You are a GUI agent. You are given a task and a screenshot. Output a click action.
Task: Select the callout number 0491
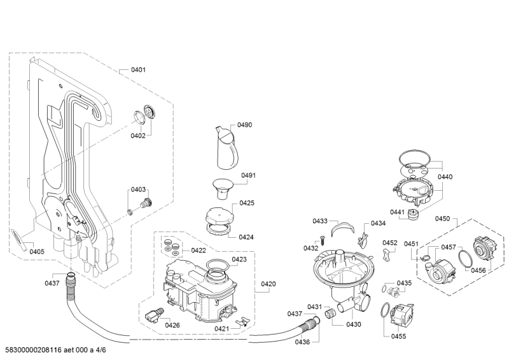coord(248,176)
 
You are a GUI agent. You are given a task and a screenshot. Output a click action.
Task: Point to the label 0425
coord(247,204)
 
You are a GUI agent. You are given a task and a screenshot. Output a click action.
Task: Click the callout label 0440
coord(445,177)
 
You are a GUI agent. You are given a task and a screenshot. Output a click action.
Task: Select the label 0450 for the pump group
coord(442,219)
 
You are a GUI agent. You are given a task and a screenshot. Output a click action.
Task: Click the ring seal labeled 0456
coord(464,261)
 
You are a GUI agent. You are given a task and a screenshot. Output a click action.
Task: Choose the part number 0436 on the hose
coord(302,342)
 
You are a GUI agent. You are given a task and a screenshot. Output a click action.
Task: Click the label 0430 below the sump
coord(353,324)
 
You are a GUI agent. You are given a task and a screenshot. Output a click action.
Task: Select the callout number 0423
coord(239,260)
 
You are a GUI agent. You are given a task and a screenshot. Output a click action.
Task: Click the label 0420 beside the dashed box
coord(268,284)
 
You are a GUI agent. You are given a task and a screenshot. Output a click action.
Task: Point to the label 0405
coord(37,252)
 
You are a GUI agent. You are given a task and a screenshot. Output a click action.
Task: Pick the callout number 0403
coord(138,190)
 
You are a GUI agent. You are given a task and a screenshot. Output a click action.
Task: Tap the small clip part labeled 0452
coord(386,254)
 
